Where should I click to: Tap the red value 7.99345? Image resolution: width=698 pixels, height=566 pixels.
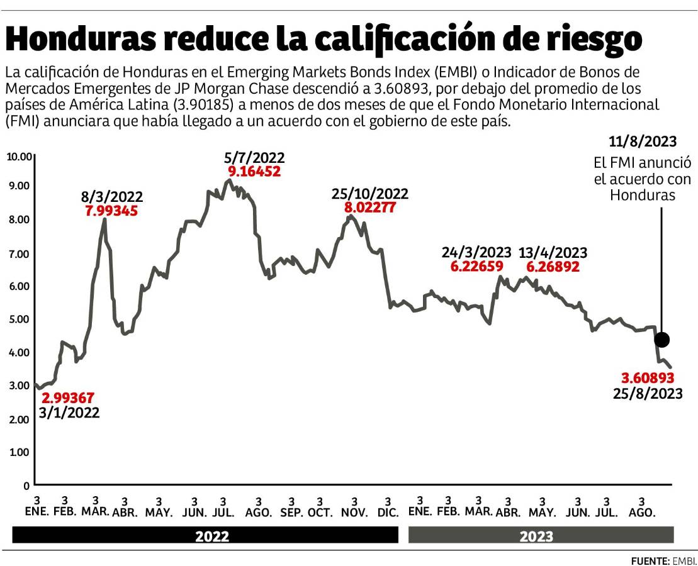click(x=111, y=210)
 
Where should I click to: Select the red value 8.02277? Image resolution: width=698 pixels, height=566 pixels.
click(x=369, y=207)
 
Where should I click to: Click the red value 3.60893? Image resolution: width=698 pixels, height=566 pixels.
click(x=648, y=378)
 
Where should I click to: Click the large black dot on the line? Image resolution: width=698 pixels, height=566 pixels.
click(x=661, y=340)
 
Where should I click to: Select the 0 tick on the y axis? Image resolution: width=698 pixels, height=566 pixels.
click(x=26, y=486)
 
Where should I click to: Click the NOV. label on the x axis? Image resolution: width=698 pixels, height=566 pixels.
click(x=354, y=513)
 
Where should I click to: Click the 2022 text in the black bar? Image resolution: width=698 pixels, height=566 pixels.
click(x=212, y=536)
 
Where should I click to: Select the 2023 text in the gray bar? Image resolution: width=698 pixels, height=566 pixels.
click(x=536, y=536)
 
